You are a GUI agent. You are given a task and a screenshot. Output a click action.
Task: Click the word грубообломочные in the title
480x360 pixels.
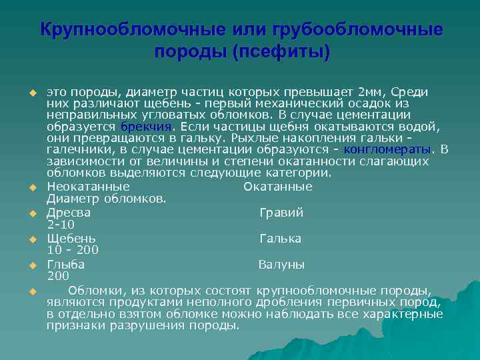[357, 30]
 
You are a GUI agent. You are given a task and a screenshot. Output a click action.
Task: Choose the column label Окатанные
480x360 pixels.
[278, 187]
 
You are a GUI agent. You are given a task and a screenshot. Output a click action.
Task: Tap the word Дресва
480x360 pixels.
[69, 213]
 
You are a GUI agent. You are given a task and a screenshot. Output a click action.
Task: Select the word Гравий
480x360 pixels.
[282, 213]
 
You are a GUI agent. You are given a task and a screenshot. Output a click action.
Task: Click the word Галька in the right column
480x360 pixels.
[280, 239]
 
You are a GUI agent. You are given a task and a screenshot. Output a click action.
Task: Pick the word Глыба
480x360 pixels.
[65, 265]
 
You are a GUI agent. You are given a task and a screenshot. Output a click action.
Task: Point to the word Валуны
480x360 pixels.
[282, 265]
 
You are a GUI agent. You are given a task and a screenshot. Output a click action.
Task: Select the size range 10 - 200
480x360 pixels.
[73, 250]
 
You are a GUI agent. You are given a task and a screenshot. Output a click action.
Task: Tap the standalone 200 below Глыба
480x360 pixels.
[58, 275]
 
